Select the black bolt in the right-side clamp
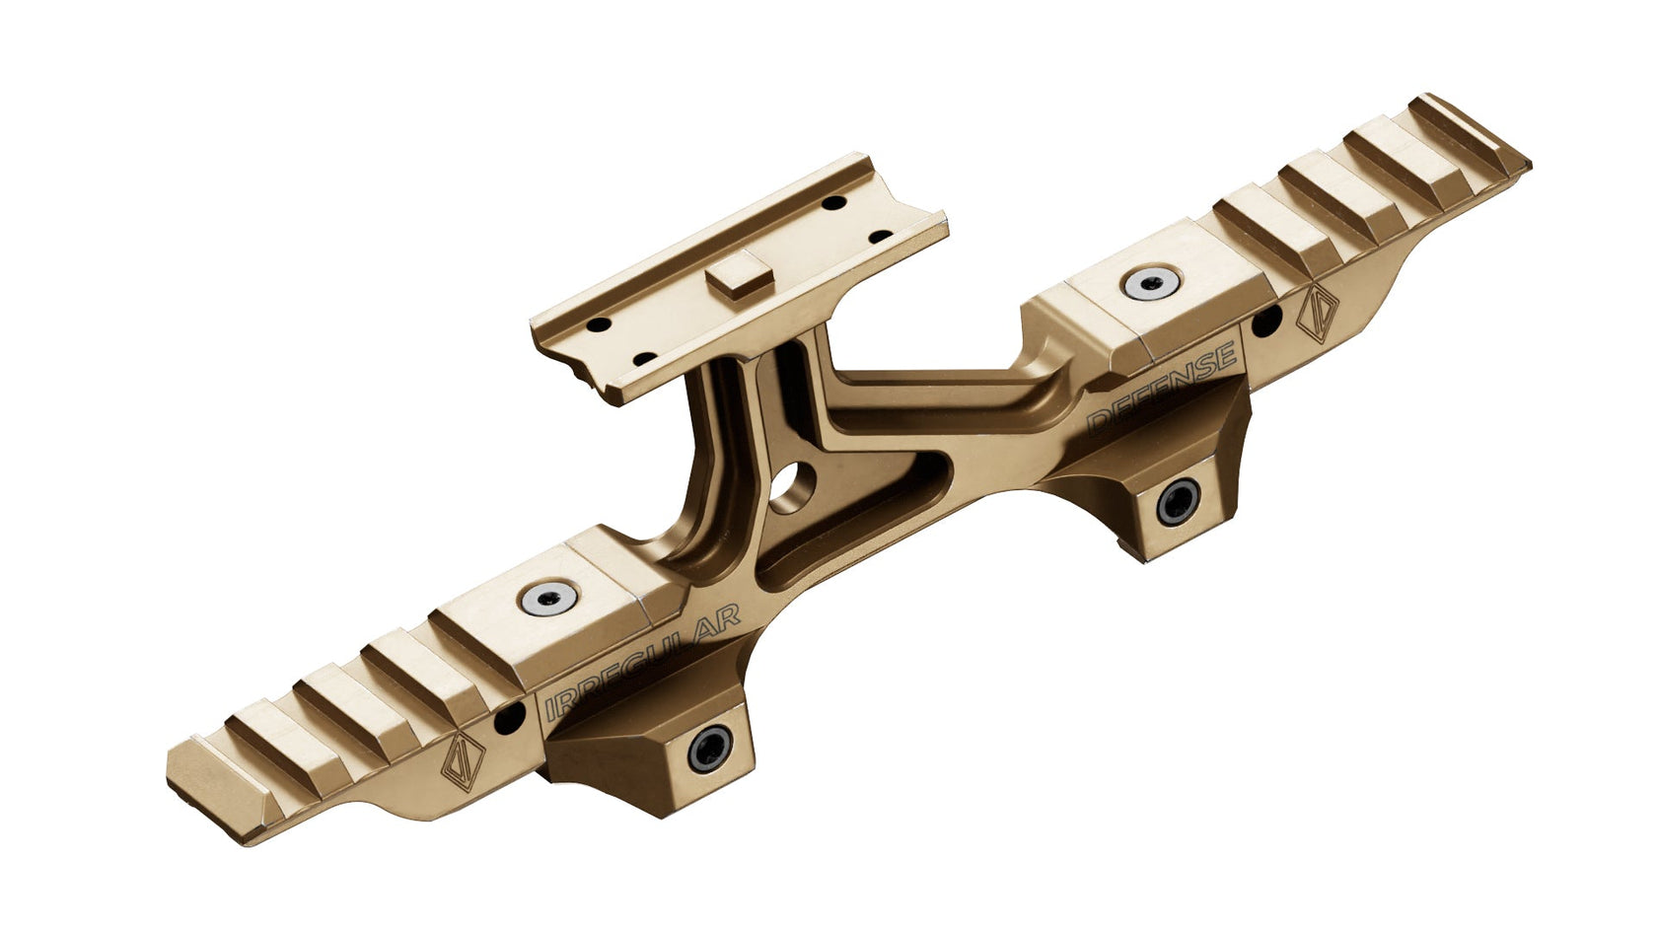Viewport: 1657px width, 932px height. [1175, 504]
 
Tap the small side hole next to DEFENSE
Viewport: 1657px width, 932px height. [1270, 319]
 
